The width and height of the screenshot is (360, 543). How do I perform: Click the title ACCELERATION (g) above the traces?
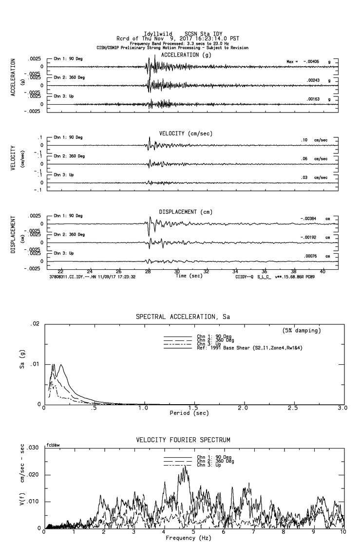point(187,55)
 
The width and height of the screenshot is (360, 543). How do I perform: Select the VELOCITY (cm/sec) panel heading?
point(186,133)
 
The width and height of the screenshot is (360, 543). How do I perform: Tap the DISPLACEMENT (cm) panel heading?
point(186,212)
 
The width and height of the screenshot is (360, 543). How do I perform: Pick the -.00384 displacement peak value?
point(308,219)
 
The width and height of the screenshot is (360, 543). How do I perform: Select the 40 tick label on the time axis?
point(322,271)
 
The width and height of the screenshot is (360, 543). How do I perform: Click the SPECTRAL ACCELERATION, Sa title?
point(183,317)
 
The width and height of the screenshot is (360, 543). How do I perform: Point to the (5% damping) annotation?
point(302,331)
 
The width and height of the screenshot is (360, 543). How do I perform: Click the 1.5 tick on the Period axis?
point(193,408)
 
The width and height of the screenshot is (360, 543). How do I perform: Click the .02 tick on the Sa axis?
point(35,324)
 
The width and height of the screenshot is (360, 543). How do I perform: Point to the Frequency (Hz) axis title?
point(189,538)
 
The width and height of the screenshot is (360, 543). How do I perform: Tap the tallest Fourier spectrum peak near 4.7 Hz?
point(185,466)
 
